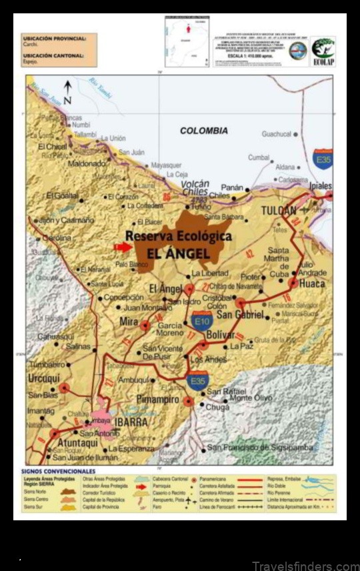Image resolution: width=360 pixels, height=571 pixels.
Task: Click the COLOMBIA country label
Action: [x=203, y=131]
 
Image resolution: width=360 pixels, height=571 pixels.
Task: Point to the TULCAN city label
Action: [x=278, y=211]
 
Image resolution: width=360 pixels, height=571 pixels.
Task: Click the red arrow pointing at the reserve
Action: [x=123, y=247]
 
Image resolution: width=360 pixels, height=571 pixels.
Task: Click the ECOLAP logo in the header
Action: [x=323, y=50]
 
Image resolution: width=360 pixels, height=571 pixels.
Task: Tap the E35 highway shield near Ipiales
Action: [x=323, y=159]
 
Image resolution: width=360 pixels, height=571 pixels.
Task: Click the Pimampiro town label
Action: [x=157, y=399]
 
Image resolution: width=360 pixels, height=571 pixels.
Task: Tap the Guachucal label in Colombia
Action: [x=277, y=134]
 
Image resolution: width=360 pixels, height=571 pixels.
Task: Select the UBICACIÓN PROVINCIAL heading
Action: [x=53, y=39]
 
